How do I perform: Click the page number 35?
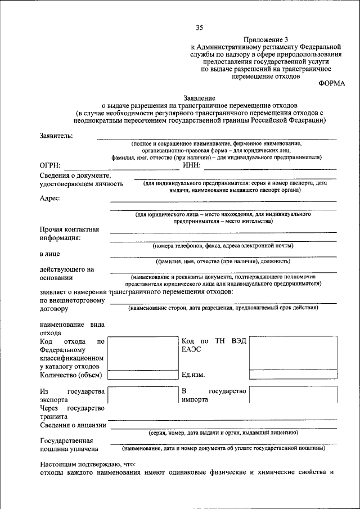point(199,28)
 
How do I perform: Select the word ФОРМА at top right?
point(332,83)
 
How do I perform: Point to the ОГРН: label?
point(51,165)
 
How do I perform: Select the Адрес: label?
point(51,197)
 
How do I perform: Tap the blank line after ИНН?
point(270,167)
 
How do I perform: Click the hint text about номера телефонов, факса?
point(223,246)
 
